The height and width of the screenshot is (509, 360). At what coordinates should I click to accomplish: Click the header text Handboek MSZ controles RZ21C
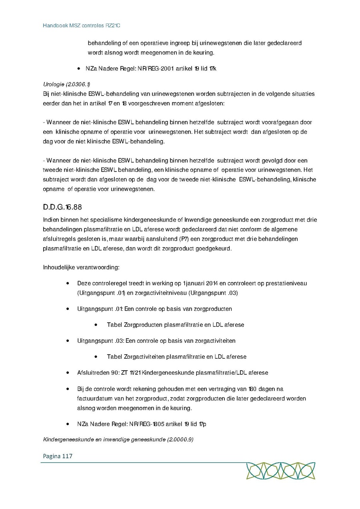coord(82,26)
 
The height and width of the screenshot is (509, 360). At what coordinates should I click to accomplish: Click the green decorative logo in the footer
coord(280,471)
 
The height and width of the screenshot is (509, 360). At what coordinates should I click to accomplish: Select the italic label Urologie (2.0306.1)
coord(66,84)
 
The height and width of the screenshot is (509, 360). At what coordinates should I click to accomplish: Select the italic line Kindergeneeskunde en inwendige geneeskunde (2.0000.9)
coord(118,440)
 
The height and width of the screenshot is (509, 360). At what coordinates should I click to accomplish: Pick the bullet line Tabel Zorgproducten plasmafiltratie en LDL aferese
coord(175,325)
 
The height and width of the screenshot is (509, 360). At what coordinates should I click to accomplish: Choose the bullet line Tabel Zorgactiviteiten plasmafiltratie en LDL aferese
coord(176,357)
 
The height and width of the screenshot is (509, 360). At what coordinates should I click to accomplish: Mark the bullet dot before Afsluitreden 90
coord(68,373)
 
